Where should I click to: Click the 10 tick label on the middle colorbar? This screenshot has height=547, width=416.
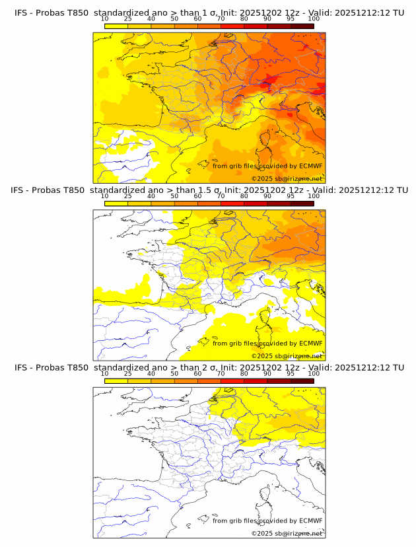click(104, 197)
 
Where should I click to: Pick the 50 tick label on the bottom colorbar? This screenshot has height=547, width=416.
click(174, 374)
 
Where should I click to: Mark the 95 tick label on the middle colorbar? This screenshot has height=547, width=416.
click(291, 197)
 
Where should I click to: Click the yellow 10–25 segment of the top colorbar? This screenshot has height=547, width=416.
click(116, 26)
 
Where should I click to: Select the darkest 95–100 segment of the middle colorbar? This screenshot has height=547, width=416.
click(302, 203)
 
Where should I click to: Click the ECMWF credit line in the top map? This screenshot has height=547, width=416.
click(267, 166)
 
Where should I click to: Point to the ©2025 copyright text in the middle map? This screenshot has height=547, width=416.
click(287, 355)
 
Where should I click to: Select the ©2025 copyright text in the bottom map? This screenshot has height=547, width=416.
click(287, 533)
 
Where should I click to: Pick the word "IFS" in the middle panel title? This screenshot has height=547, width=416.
click(18, 190)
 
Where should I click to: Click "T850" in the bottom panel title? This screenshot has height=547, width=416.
click(77, 367)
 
